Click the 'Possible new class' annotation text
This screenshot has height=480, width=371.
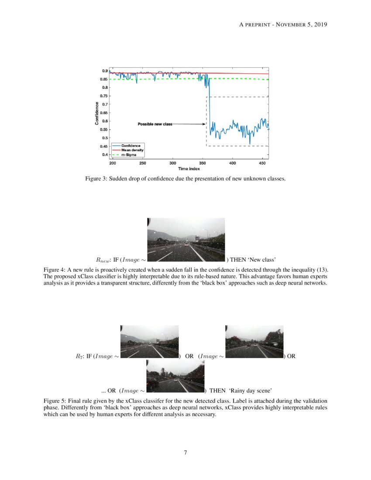[155, 124]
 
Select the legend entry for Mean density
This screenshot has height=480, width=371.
[132, 150]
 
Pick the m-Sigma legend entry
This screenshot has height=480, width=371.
[128, 154]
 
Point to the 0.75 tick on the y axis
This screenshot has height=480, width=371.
[104, 96]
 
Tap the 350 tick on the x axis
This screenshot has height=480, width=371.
[203, 163]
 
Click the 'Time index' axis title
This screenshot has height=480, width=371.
[189, 168]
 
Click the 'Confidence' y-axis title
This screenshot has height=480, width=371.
[97, 113]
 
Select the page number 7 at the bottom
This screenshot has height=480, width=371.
[185, 453]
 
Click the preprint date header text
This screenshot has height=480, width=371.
[283, 24]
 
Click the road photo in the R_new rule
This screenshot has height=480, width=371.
[186, 240]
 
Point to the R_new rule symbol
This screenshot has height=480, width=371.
[103, 259]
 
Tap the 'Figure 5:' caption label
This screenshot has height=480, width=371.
[55, 401]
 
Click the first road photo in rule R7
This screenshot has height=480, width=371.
[149, 342]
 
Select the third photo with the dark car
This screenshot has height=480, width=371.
[175, 376]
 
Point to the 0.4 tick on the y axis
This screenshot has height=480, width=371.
[104, 154]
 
